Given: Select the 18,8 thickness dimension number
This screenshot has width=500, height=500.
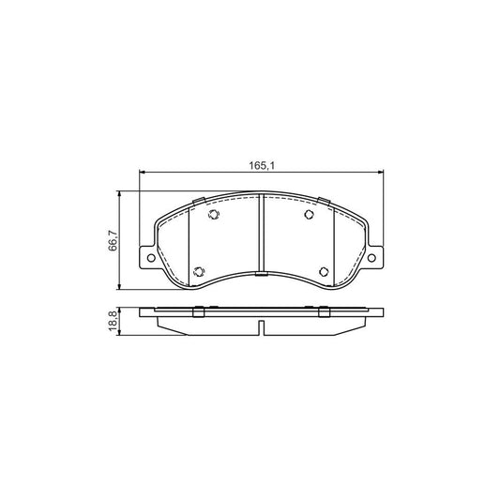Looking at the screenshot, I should (x=114, y=320).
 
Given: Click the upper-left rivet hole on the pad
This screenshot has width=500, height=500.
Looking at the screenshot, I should (x=212, y=216).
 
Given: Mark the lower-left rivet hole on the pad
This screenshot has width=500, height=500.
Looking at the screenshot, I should (x=197, y=273).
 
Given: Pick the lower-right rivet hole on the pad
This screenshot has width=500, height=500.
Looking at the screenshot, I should (x=325, y=273).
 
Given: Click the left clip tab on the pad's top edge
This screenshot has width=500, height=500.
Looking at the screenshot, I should (x=197, y=202).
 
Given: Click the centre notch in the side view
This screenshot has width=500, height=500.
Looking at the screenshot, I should (x=261, y=326).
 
